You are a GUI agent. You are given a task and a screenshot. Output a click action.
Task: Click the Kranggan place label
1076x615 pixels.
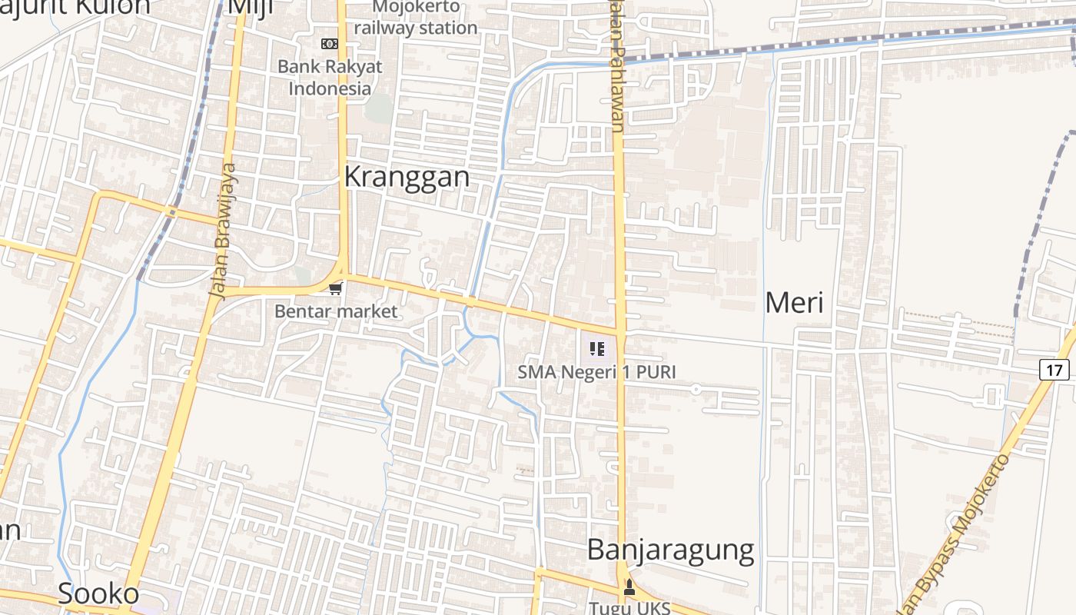point(406,177)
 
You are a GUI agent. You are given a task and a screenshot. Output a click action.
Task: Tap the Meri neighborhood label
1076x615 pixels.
point(794,302)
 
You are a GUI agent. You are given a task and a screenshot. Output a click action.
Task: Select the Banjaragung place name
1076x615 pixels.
point(670,550)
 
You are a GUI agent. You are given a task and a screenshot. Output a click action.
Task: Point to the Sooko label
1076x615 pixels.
point(98,593)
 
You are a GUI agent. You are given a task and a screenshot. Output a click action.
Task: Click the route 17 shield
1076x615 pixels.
point(1054,370)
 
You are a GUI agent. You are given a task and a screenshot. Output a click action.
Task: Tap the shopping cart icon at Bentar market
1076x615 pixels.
point(335,288)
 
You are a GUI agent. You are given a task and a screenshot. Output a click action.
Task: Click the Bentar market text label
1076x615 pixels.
point(336,311)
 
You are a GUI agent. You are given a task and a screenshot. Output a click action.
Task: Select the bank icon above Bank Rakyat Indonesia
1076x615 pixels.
point(330,44)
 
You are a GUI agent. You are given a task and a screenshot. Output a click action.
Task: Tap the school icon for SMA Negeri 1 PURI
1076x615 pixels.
point(597,350)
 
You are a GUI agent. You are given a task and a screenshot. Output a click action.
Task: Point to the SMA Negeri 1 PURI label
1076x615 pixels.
point(596,372)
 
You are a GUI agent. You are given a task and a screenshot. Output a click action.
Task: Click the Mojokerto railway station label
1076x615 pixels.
point(416,18)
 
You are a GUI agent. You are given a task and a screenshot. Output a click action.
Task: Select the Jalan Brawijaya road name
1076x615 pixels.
point(223,231)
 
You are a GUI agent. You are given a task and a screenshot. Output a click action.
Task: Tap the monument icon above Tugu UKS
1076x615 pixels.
point(629,588)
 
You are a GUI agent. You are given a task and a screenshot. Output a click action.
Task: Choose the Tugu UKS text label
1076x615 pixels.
point(629,607)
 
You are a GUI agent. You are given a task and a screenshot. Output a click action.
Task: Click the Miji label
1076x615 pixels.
point(251,6)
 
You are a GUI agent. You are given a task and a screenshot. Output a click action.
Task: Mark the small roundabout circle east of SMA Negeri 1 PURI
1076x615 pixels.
point(696,390)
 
